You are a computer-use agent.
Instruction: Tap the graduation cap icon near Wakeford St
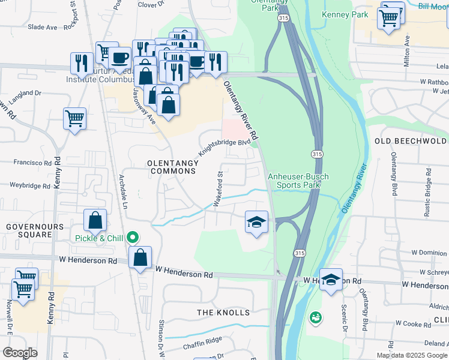pyautogui.click(x=256, y=223)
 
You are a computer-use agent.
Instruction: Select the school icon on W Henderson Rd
pyautogui.click(x=331, y=280)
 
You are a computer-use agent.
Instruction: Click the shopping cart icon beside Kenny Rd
pyautogui.click(x=75, y=118)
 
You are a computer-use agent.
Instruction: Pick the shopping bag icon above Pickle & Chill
pyautogui.click(x=95, y=220)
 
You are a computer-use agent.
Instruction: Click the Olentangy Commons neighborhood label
pyautogui.click(x=172, y=166)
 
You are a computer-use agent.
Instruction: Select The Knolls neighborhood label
pyautogui.click(x=223, y=313)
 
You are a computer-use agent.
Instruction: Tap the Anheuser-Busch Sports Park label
pyautogui.click(x=295, y=181)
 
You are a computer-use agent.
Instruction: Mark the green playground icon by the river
pyautogui.click(x=315, y=317)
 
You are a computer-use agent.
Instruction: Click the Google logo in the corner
pyautogui.click(x=20, y=353)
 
